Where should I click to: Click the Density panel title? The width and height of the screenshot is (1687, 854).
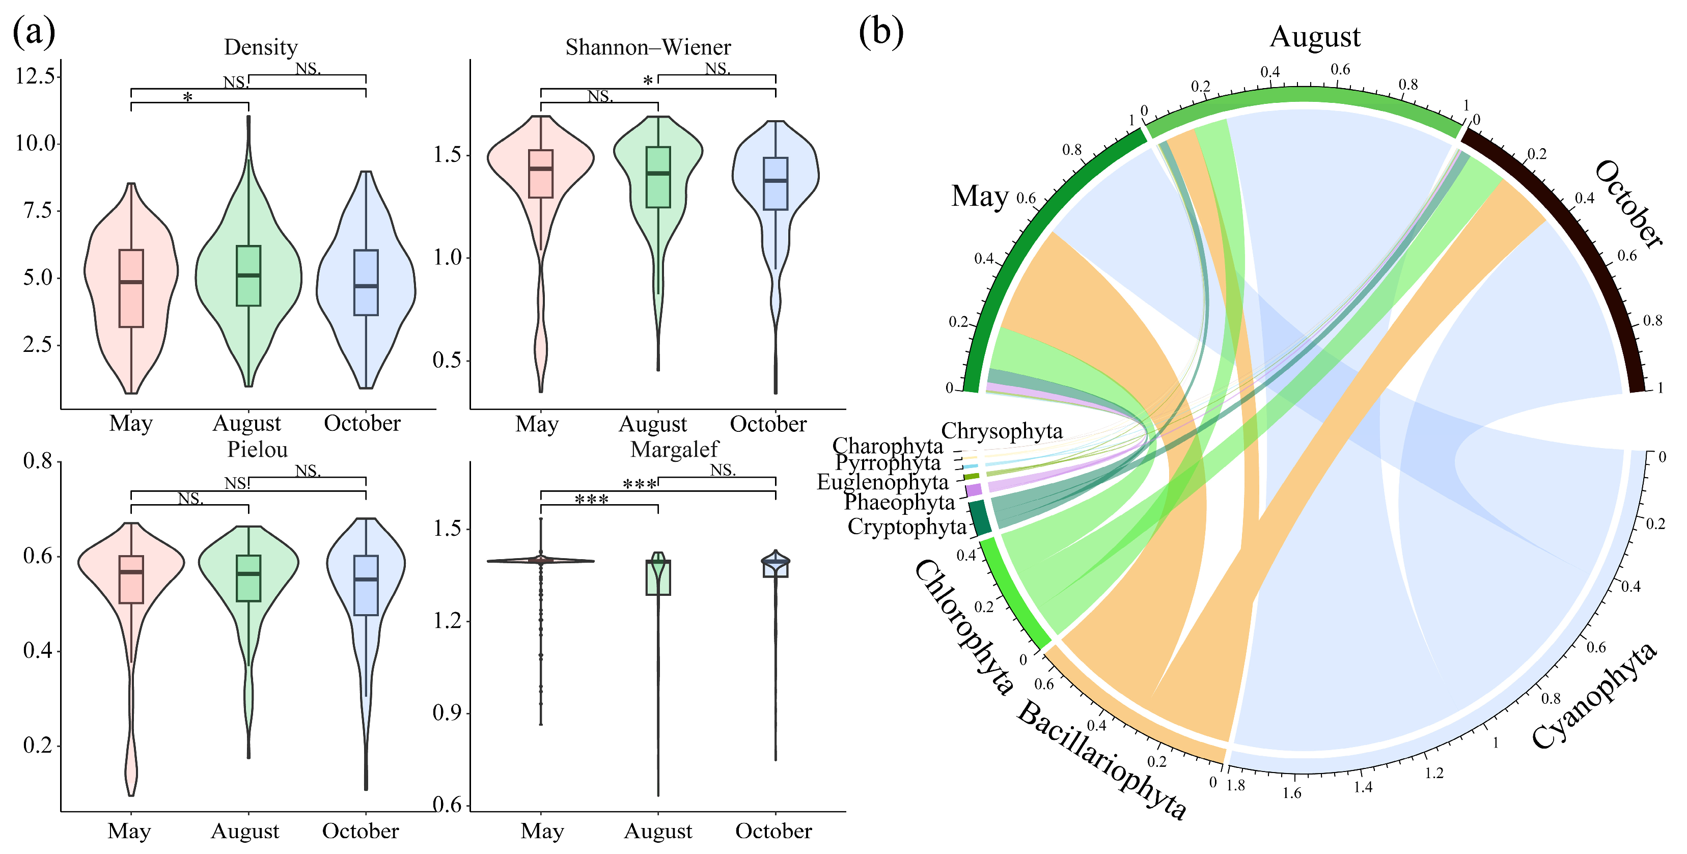click(261, 47)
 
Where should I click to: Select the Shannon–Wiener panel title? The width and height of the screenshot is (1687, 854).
click(648, 47)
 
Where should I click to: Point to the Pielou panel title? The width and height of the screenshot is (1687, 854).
click(257, 449)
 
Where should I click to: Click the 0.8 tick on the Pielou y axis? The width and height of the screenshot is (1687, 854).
click(38, 461)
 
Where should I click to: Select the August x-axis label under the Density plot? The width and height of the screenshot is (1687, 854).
click(247, 424)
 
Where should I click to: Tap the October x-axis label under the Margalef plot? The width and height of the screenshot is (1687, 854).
click(773, 831)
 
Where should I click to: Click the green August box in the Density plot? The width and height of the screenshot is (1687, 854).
click(248, 276)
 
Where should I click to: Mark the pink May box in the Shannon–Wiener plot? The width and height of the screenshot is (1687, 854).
click(541, 174)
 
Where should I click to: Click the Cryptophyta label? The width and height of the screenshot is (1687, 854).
click(907, 526)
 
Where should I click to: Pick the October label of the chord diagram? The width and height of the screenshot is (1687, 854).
click(1628, 203)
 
